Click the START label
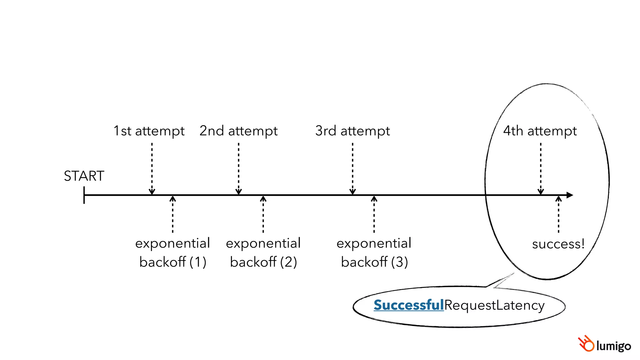click(84, 176)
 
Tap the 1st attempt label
click(149, 131)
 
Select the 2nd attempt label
click(238, 131)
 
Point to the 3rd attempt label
click(352, 131)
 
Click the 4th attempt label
click(540, 131)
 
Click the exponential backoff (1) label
click(172, 252)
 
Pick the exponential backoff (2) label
click(263, 252)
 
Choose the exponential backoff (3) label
click(374, 252)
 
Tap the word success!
click(558, 244)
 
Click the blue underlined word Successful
click(408, 305)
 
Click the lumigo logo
click(604, 344)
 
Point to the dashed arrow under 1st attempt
click(152, 169)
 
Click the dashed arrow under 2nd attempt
click(238, 169)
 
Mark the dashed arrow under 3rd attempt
click(352, 169)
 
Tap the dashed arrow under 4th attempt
click(541, 169)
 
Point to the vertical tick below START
click(84, 195)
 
